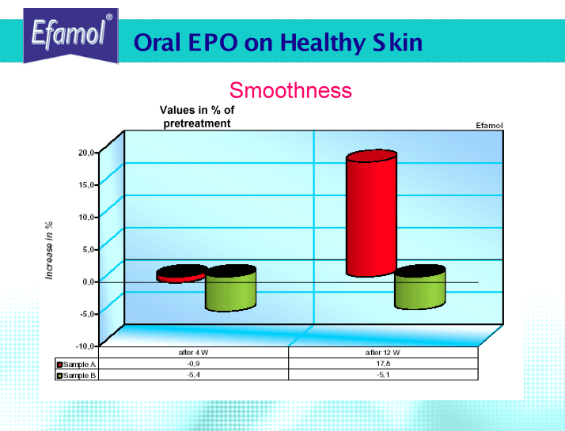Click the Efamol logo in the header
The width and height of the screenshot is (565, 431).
(71, 36)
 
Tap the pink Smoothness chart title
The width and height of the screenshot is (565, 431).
(290, 90)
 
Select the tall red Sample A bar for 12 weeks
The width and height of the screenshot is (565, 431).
(371, 214)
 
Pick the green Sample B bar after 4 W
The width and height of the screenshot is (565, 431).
(230, 288)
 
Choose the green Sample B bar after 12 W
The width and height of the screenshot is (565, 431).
(419, 287)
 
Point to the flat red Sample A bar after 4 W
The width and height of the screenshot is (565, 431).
(182, 274)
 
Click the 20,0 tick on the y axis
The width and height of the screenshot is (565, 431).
(86, 153)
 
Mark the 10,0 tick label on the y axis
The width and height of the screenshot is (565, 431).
(86, 217)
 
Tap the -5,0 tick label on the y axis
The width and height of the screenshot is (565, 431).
(86, 314)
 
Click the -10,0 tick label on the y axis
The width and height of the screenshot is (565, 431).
(85, 346)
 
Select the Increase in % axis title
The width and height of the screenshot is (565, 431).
(49, 250)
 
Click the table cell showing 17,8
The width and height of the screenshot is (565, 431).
(383, 364)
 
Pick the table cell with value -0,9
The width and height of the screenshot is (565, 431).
(194, 364)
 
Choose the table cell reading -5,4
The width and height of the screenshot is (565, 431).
(194, 375)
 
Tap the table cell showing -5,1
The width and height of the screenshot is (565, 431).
(383, 375)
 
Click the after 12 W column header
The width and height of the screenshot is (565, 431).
(383, 353)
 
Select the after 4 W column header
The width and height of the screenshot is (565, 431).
(194, 353)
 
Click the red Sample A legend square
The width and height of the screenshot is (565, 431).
(60, 365)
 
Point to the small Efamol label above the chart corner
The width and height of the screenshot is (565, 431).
(489, 125)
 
